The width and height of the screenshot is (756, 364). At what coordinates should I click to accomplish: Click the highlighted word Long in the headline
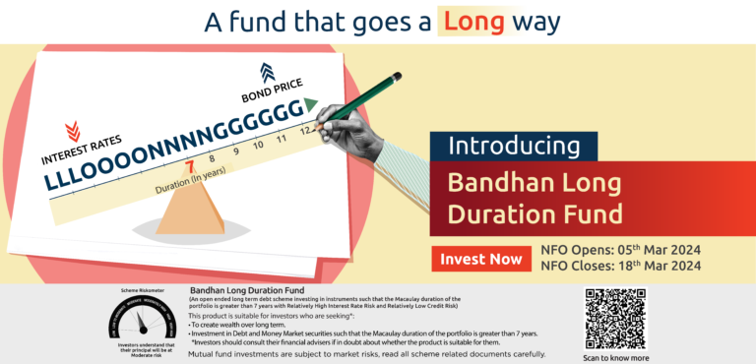click(x=472, y=21)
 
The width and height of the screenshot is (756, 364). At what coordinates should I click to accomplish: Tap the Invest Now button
click(x=481, y=260)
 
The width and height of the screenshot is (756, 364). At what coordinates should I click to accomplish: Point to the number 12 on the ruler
click(x=306, y=132)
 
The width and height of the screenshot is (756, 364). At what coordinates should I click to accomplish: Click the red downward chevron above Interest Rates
click(x=73, y=132)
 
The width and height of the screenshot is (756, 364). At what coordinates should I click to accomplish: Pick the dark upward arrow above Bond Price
click(x=267, y=72)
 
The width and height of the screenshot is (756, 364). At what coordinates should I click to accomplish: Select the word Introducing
click(x=513, y=146)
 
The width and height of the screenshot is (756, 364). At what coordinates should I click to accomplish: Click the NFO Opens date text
click(x=620, y=250)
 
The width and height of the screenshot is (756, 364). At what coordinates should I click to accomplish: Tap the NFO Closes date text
click(x=620, y=266)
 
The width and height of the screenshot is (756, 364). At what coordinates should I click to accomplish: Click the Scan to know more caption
click(x=616, y=357)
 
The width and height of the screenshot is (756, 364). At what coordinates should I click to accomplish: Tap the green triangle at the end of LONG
click(x=310, y=103)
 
